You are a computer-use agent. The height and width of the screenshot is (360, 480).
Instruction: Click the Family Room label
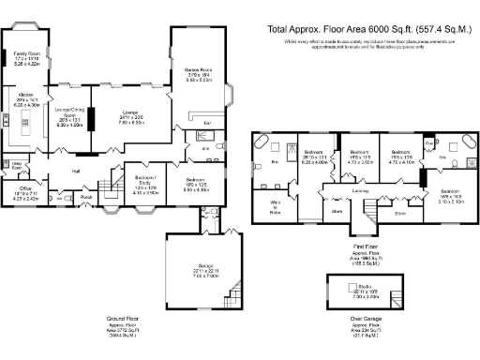click(25, 55)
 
